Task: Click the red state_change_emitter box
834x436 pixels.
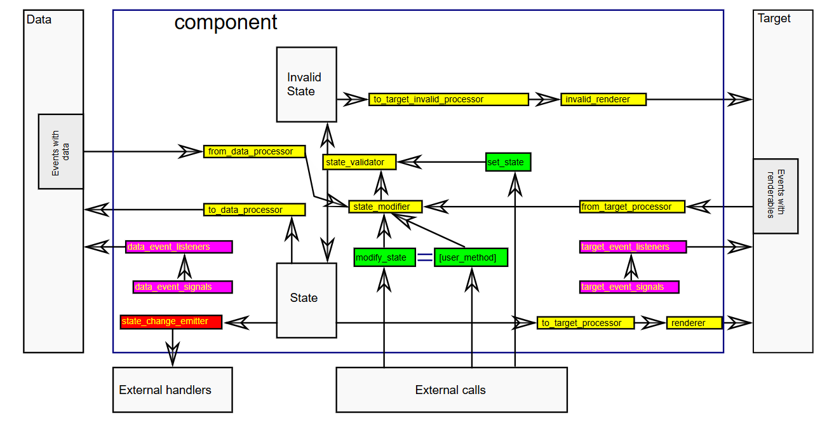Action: point(171,322)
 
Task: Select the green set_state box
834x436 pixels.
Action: point(508,162)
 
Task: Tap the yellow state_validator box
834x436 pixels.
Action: point(359,162)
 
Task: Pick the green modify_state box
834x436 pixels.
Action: point(384,257)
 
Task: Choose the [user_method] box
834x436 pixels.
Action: point(471,257)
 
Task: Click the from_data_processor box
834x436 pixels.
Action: point(254,151)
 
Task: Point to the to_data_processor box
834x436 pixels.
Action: point(254,210)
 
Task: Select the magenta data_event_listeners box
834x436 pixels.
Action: point(179,247)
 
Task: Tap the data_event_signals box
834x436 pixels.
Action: point(183,287)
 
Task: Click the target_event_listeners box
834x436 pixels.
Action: point(633,247)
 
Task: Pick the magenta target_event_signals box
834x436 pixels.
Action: point(629,287)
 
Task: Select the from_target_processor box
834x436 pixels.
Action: point(633,207)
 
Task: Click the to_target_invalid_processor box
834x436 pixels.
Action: point(448,99)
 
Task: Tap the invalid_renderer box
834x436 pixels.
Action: point(603,99)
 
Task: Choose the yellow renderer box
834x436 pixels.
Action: point(694,323)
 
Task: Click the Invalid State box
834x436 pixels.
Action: point(306,84)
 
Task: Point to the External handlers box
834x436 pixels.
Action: point(172,390)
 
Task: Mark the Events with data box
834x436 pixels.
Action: point(61,151)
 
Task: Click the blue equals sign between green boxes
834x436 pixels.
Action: point(425,257)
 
